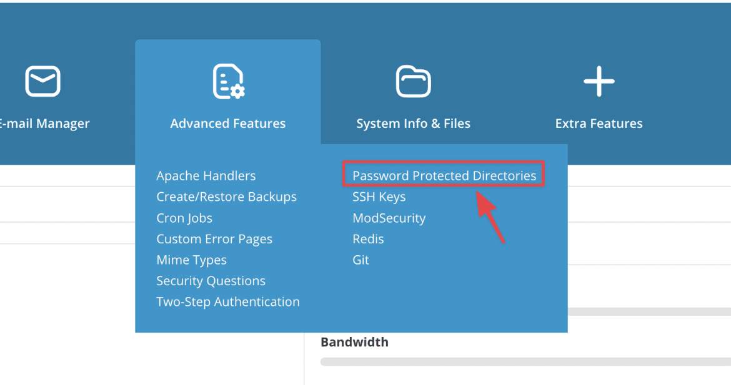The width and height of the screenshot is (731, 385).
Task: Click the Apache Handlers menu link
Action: click(x=206, y=175)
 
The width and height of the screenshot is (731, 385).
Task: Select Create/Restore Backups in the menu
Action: click(x=226, y=197)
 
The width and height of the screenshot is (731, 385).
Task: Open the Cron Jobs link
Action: click(x=184, y=218)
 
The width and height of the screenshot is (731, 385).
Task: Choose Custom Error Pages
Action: click(x=214, y=239)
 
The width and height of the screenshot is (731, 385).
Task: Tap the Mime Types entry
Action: click(x=191, y=260)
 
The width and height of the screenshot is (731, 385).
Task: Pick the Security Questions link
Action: click(x=211, y=281)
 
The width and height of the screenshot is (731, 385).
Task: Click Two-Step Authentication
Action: click(x=228, y=301)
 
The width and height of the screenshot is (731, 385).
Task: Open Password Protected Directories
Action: click(x=444, y=175)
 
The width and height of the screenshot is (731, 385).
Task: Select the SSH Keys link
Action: click(x=379, y=197)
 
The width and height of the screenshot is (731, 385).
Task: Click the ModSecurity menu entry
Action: click(x=389, y=218)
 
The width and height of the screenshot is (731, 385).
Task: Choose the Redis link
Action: click(x=368, y=239)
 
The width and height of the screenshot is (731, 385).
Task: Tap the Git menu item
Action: click(x=361, y=260)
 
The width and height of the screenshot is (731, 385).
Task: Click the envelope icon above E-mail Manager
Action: click(x=43, y=82)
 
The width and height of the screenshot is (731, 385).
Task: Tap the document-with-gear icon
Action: click(x=229, y=82)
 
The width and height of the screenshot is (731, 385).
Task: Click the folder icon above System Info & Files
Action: click(x=414, y=82)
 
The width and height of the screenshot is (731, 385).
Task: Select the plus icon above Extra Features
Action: click(x=599, y=82)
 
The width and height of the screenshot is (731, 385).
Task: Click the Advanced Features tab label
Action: click(x=227, y=124)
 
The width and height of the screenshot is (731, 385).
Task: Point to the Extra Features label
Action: click(x=599, y=124)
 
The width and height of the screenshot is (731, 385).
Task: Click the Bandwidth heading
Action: click(x=354, y=342)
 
